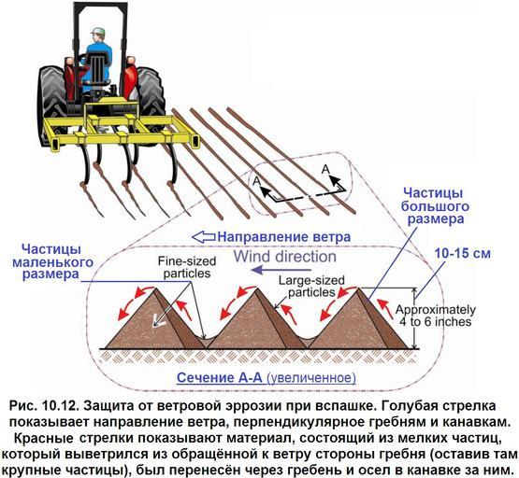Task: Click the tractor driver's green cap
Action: click(98, 31)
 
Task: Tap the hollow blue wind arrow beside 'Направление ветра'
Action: click(204, 237)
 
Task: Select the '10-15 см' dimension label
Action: click(462, 254)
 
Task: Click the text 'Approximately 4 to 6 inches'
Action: click(435, 316)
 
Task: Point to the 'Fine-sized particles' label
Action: click(187, 268)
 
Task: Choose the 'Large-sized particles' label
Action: click(311, 287)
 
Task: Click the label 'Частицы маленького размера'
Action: click(52, 262)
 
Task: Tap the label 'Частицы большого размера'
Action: click(435, 206)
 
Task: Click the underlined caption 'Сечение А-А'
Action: click(220, 377)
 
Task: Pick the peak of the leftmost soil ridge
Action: click(155, 288)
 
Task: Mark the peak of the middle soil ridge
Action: click(257, 288)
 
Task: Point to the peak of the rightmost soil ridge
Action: click(358, 288)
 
